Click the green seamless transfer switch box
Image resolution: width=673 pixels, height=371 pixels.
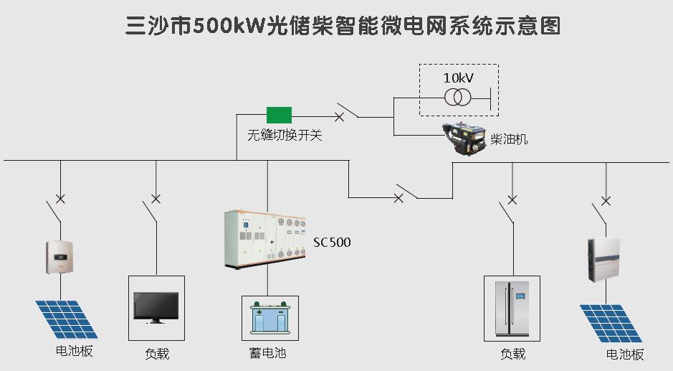tap(279, 114)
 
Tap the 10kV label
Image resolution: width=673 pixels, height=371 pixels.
tap(459, 78)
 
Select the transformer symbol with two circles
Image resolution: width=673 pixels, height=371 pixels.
tap(458, 98)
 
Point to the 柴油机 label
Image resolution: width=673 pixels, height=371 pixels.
tap(509, 138)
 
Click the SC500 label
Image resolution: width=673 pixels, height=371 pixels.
tap(332, 243)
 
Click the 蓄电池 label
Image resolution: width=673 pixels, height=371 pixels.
tap(267, 353)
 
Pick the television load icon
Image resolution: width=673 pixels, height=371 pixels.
tap(156, 307)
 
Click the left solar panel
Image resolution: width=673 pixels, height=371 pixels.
tap(67, 319)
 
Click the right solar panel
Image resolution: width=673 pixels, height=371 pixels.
tap(611, 323)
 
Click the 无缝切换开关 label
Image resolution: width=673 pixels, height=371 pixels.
tap(285, 134)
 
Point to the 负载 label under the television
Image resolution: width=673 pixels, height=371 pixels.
tap(157, 354)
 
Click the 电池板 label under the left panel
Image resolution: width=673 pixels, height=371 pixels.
tap(75, 351)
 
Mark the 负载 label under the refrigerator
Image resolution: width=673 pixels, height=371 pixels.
tap(512, 354)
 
